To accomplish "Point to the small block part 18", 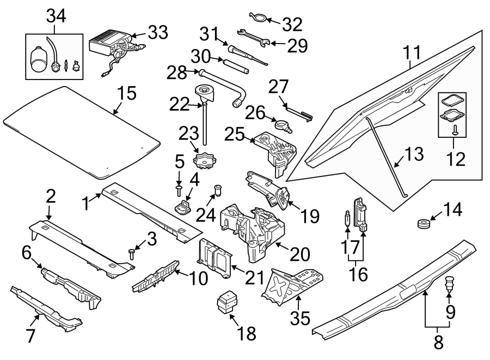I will pyautogui.click(x=227, y=303).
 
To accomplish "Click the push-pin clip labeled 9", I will pyautogui.click(x=449, y=283).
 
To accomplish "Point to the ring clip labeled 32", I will pyautogui.click(x=259, y=17).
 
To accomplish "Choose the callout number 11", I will pyautogui.click(x=413, y=53).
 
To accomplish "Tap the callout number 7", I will pyautogui.click(x=30, y=337).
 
